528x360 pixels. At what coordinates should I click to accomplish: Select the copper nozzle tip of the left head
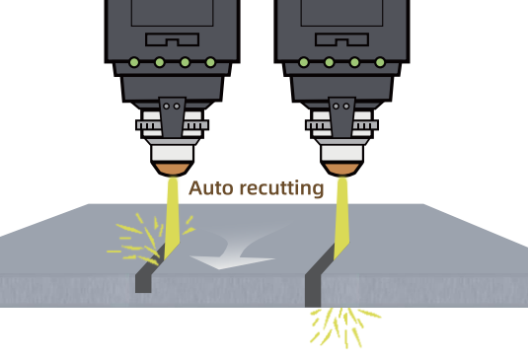[172, 171]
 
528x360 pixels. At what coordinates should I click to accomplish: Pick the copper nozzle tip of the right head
[341, 171]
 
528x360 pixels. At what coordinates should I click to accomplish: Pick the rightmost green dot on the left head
[210, 63]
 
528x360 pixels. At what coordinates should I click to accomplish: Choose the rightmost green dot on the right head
[380, 63]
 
